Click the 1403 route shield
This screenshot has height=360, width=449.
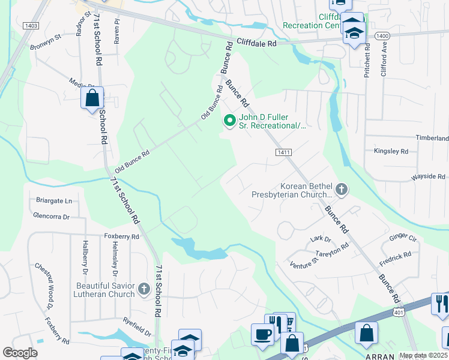(32, 25)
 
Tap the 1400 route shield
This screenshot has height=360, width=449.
(381, 36)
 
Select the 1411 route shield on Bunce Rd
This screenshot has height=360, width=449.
(284, 154)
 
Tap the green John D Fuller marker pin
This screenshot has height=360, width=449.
(229, 121)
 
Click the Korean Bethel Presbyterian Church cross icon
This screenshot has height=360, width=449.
(341, 190)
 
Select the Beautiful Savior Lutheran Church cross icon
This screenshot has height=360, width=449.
(143, 290)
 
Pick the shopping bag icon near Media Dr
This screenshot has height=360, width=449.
(92, 98)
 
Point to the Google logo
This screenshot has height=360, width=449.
(20, 353)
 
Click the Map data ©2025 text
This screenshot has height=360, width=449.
(423, 355)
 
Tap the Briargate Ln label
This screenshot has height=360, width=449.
(53, 201)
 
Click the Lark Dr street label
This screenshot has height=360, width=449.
(316, 239)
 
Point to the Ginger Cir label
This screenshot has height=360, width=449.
(403, 238)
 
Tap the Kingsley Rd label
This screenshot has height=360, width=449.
(391, 151)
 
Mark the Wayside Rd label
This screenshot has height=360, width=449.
(427, 177)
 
